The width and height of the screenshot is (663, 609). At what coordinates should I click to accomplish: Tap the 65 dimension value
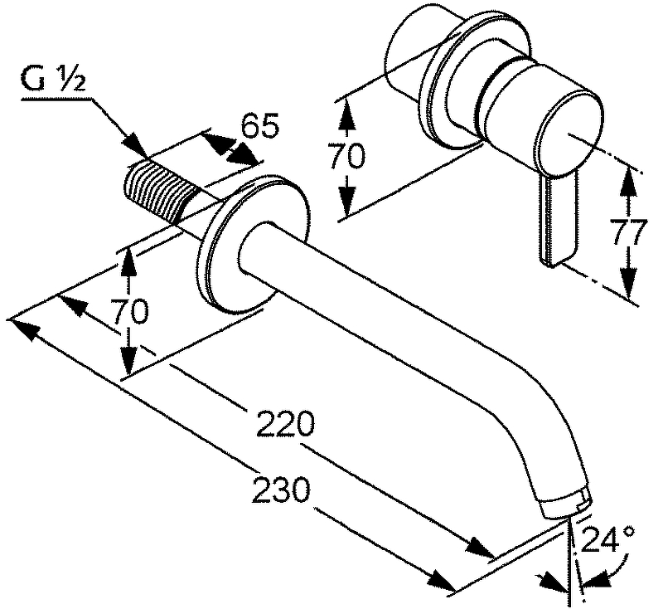pyautogui.click(x=259, y=126)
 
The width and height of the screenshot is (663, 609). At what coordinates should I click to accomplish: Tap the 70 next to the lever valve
pyautogui.click(x=346, y=155)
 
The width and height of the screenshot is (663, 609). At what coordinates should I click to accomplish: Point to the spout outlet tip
pyautogui.click(x=568, y=504)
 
